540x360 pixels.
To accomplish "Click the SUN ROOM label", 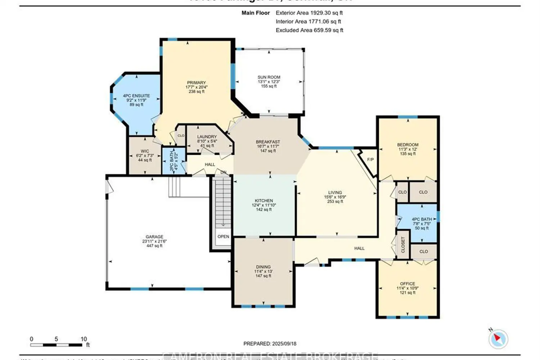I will tap(269, 77).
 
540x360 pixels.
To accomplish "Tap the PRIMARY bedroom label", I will tap(196, 83).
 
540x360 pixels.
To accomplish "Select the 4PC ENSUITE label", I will tap(136, 96).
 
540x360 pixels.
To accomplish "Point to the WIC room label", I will tap(145, 151).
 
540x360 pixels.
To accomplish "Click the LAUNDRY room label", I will tap(207, 137).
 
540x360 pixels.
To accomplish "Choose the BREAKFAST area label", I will tap(268, 142).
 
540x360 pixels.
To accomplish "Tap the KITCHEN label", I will tap(264, 201).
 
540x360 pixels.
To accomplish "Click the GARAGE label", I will tap(154, 237).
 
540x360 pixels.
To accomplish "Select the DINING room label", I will tap(263, 267).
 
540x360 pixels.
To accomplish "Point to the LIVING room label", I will tap(335, 193).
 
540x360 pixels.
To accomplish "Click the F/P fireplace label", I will tap(370, 159).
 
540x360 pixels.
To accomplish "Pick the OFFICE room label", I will tap(408, 284).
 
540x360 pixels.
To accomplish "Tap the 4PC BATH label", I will tap(422, 219).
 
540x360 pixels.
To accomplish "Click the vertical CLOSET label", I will tap(403, 245).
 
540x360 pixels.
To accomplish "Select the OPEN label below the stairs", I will tap(223, 237).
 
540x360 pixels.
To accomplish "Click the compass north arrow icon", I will tap(498, 339).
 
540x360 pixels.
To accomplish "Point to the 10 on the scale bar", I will tap(84, 339).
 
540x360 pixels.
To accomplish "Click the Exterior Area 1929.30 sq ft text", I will tap(309, 13).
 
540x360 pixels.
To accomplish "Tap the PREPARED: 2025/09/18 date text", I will tap(270, 344).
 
